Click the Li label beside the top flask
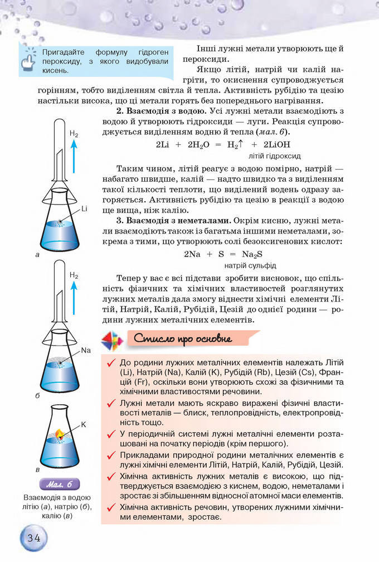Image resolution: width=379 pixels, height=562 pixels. pos(84,209)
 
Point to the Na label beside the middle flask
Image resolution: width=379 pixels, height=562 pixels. pos(85,351)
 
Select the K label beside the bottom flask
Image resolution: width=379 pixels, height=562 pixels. pos(84,424)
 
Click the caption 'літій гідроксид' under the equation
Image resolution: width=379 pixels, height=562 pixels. pos(275,156)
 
